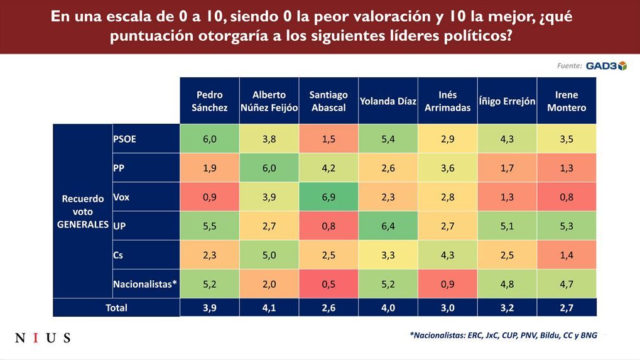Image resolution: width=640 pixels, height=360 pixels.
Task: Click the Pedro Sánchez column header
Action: (210, 101)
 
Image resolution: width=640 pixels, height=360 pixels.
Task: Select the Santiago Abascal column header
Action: (328, 101)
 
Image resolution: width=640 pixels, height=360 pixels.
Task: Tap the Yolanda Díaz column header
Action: (388, 101)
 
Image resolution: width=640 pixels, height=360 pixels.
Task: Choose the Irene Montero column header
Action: (567, 101)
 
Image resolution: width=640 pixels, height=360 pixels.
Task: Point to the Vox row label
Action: (121, 197)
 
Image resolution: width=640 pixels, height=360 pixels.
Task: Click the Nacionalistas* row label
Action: (145, 284)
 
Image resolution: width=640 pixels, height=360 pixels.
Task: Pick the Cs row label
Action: (118, 255)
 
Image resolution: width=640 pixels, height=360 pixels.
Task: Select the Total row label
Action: (116, 307)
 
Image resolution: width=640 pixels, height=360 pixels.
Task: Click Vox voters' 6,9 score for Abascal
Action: (328, 197)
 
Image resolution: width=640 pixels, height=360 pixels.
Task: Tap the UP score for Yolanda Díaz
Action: (388, 226)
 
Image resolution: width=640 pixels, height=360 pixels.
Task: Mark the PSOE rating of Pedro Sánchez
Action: (210, 139)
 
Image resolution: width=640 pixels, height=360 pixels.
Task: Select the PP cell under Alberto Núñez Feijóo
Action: (269, 168)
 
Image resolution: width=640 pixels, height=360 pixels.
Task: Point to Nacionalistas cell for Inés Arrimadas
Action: (447, 284)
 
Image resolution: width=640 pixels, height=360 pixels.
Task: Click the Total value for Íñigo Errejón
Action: (507, 307)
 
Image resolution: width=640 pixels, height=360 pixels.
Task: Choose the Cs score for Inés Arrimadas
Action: (447, 255)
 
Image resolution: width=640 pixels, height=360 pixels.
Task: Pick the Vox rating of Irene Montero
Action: (567, 197)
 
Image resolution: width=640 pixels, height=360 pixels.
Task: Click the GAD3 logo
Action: (606, 66)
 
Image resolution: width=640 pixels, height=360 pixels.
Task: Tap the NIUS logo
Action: (43, 338)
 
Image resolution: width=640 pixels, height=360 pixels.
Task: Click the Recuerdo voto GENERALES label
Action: (83, 211)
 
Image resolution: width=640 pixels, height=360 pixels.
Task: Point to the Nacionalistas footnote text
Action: (502, 335)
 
